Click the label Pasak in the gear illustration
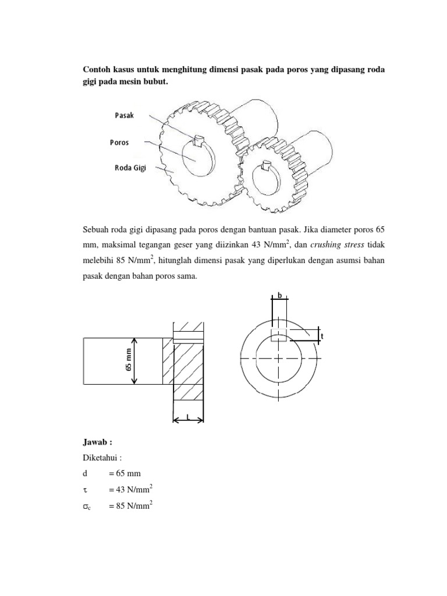point(124,115)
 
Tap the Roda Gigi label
point(130,168)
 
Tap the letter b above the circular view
point(279,296)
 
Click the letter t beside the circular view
point(322,336)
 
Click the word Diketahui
point(101,457)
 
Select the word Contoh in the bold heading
point(97,70)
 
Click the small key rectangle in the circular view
point(279,334)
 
